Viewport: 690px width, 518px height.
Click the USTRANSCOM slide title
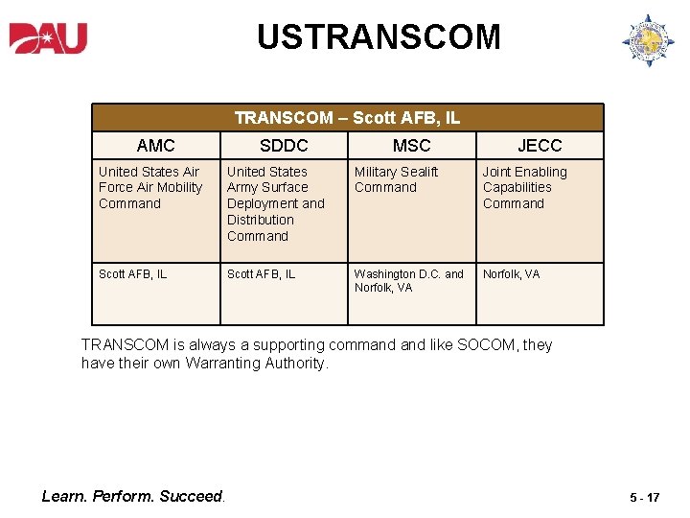(x=379, y=37)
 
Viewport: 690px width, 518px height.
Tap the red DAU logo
(x=49, y=38)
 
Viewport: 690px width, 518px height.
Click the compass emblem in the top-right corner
(x=648, y=40)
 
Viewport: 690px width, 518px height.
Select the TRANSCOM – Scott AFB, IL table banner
(x=347, y=118)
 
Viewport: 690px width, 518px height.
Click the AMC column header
(x=156, y=146)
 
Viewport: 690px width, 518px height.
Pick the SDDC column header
(x=284, y=146)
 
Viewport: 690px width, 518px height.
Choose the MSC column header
(x=412, y=146)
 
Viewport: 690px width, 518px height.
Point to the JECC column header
(x=540, y=146)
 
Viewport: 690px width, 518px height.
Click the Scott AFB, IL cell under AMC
(x=133, y=274)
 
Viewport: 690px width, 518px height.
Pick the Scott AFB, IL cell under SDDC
(x=262, y=274)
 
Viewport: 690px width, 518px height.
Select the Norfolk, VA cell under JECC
(x=511, y=274)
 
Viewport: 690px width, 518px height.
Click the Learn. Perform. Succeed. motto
(x=133, y=496)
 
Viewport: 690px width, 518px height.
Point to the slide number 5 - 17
(x=644, y=498)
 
